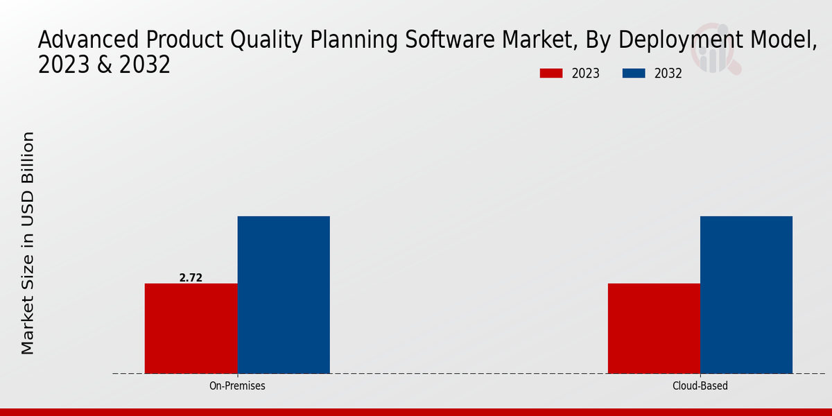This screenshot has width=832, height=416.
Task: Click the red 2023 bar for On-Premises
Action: coord(191,328)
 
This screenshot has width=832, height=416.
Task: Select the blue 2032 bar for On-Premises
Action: coord(284,295)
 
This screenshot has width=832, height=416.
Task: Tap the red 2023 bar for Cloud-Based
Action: coord(654,328)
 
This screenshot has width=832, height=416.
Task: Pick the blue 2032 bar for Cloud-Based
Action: coord(746,295)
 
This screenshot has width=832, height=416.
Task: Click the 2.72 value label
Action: coord(191,277)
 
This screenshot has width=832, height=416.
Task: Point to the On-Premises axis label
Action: coord(237,385)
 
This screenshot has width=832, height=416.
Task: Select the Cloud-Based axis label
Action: coord(700,385)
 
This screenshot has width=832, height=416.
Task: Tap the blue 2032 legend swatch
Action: coord(634,73)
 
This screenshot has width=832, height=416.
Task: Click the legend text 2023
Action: coord(586,73)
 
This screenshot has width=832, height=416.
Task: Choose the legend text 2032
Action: coord(668,73)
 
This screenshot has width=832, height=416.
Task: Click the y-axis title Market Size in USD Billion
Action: coord(28,243)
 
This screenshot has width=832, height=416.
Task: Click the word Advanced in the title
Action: coord(87,40)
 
